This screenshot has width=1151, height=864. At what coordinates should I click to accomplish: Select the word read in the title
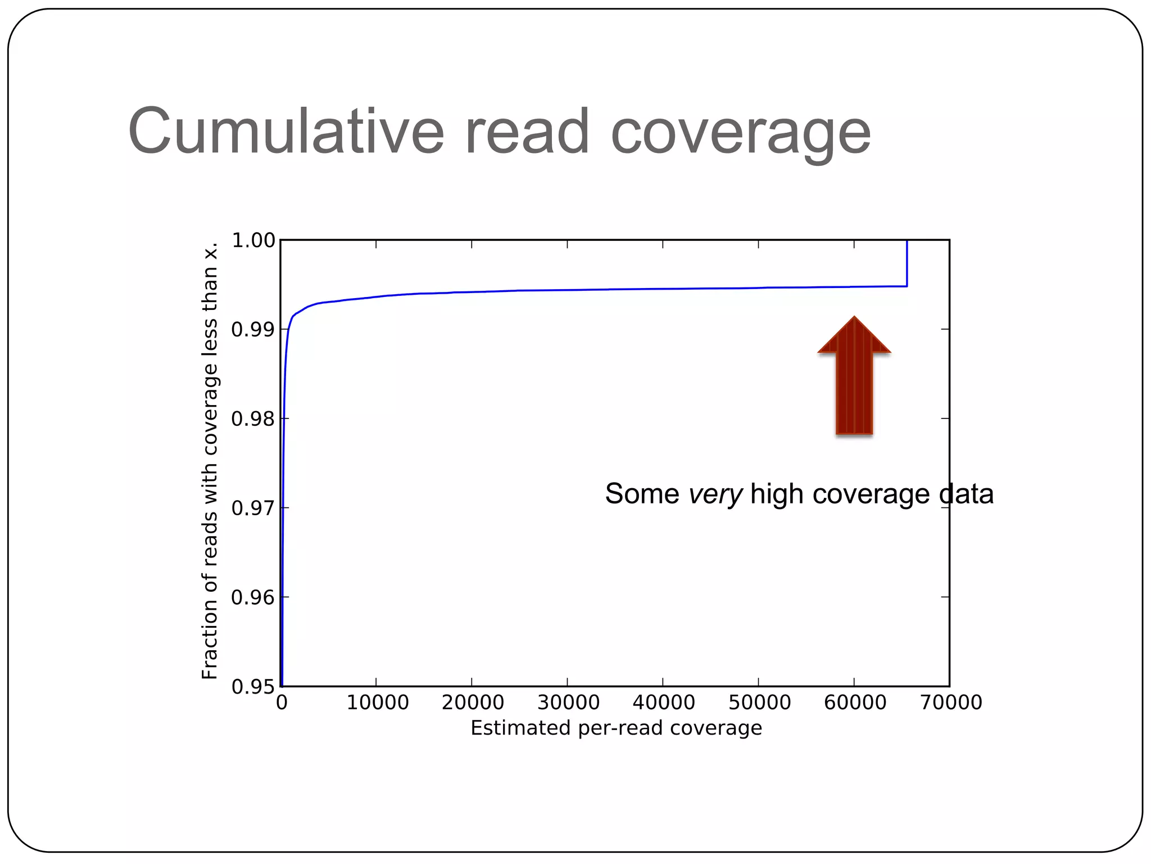[x=527, y=132]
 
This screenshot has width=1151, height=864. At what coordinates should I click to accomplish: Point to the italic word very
[x=715, y=494]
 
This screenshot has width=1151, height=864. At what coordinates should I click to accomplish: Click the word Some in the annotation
[x=642, y=494]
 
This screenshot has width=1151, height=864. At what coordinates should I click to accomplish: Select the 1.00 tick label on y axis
[x=253, y=241]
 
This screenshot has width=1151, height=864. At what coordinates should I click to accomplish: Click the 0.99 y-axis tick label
[x=253, y=330]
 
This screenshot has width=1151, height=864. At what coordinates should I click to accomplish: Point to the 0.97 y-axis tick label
[x=253, y=508]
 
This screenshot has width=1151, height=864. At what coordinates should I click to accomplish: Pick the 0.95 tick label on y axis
[x=253, y=687]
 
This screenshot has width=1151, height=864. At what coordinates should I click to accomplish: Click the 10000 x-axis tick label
[x=377, y=703]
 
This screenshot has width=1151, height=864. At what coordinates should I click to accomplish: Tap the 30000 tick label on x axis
[x=568, y=703]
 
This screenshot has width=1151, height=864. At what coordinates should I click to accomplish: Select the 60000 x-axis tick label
[x=855, y=703]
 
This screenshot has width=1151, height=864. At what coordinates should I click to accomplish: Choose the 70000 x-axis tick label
[x=950, y=703]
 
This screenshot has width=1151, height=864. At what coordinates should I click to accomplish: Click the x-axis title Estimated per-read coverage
[x=616, y=728]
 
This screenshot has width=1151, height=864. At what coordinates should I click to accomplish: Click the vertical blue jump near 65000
[x=907, y=263]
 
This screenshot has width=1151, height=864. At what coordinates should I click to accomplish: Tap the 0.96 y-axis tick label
[x=253, y=597]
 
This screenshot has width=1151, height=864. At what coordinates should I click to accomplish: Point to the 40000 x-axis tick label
[x=664, y=703]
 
